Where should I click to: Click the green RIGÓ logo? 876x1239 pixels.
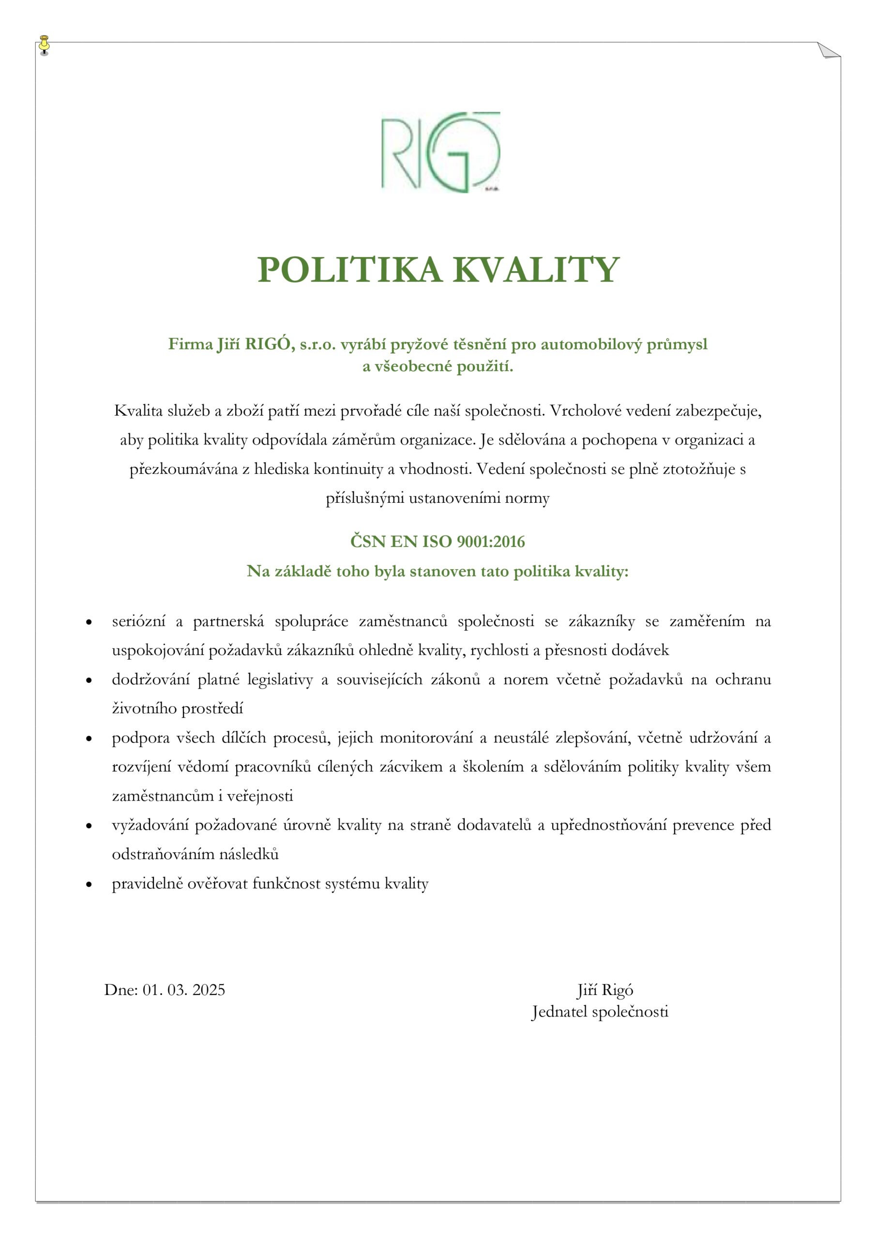click(x=440, y=153)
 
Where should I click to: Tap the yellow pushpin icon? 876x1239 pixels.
click(x=44, y=45)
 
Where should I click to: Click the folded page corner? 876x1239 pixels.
click(x=829, y=50)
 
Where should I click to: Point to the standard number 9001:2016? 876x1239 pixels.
click(x=491, y=542)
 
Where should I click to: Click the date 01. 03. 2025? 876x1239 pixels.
click(x=183, y=990)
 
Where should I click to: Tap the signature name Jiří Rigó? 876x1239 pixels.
click(x=604, y=990)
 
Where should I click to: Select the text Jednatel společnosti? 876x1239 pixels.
click(x=600, y=1011)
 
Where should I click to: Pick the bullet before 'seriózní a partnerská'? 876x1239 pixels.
click(x=89, y=623)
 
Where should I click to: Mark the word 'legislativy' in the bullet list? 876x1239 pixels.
click(x=280, y=680)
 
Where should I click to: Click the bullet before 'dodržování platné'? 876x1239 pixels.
click(x=89, y=681)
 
